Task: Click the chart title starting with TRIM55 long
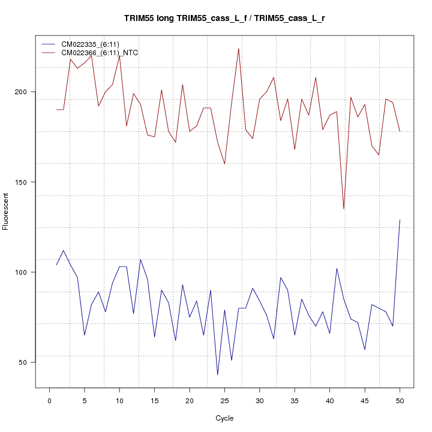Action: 224,19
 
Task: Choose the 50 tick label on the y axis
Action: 25,362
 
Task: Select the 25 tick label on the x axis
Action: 224,400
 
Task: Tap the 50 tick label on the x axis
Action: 400,400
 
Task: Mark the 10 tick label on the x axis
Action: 119,400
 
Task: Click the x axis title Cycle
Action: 224,418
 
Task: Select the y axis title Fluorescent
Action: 7,211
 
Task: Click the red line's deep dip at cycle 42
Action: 344,209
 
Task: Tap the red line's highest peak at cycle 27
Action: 239,49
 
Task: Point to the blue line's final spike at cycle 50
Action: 400,220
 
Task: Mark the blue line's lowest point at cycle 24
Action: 218,374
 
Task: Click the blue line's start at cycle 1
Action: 56,265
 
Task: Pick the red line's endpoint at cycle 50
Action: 400,131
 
